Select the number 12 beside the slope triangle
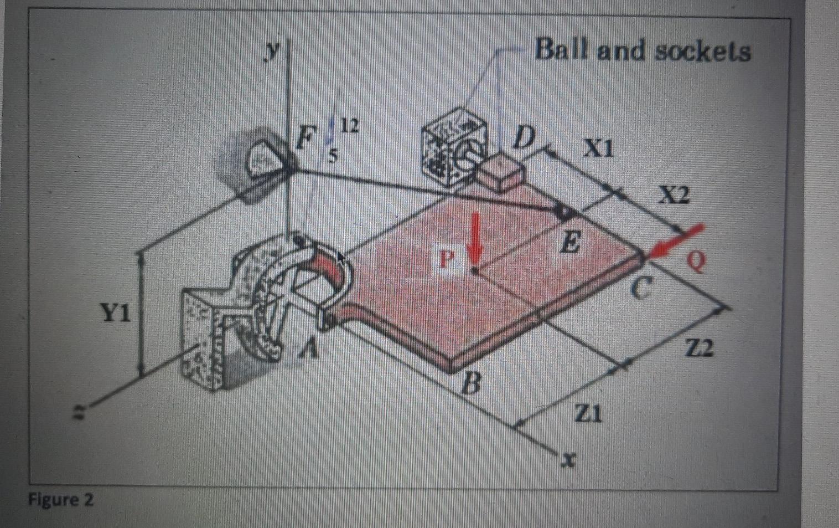point(349,126)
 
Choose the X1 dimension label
point(600,148)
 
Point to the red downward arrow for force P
point(475,243)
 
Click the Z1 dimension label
point(587,414)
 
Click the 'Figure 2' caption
point(61,500)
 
